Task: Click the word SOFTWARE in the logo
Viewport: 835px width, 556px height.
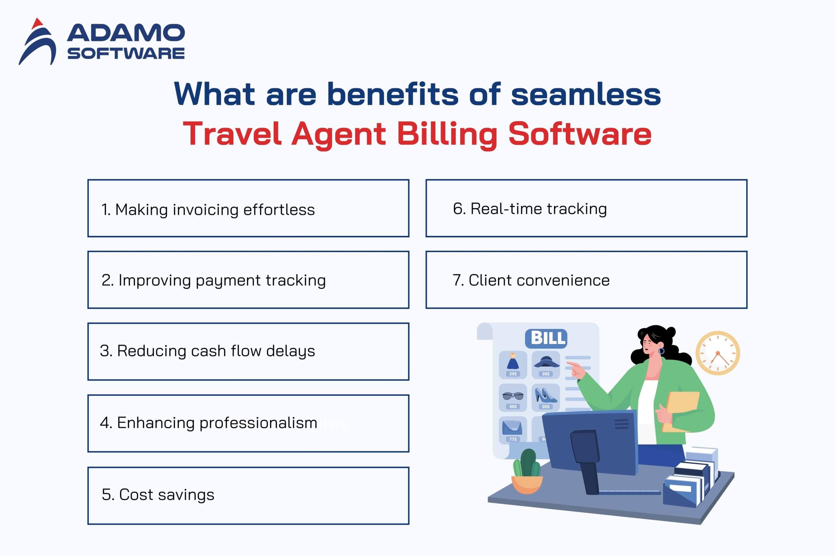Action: coord(126,53)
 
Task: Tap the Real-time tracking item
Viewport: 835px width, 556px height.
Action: coord(586,208)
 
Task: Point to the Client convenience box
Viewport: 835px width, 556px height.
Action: coord(586,280)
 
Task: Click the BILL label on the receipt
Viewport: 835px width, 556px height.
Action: coord(546,338)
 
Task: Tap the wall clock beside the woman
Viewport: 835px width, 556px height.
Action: coord(718,353)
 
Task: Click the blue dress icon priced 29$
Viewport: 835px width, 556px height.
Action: coord(513,364)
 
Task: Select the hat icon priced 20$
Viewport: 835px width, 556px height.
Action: coord(546,364)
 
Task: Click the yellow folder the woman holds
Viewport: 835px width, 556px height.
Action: coord(681,411)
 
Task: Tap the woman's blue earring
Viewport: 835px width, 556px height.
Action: coord(661,351)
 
